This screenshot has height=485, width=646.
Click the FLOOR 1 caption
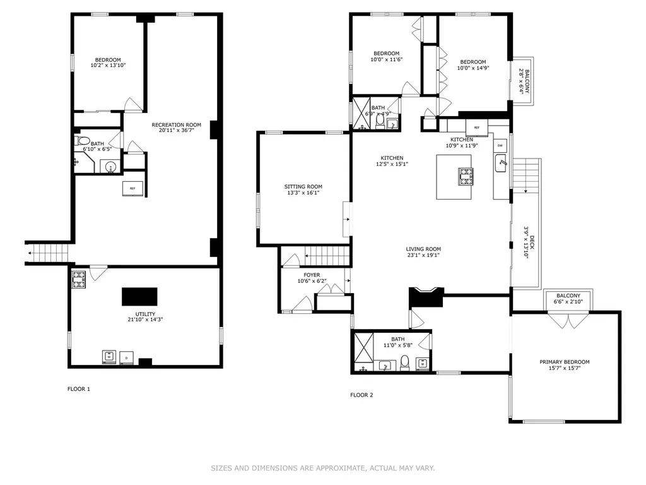click(x=79, y=389)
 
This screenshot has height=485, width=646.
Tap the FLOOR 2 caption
click(x=361, y=395)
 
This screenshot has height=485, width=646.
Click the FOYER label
click(x=312, y=275)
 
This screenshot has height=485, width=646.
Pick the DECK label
click(x=532, y=242)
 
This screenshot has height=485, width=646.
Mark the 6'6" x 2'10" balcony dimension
click(x=568, y=302)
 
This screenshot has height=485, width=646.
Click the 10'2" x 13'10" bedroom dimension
click(x=108, y=65)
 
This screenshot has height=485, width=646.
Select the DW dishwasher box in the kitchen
click(x=500, y=146)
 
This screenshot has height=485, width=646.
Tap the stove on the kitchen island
click(x=466, y=177)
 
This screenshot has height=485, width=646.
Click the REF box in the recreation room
click(x=132, y=188)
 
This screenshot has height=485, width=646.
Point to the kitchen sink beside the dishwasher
click(x=500, y=164)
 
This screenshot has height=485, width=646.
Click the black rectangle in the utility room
click(x=139, y=297)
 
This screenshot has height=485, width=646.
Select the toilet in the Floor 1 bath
click(x=82, y=140)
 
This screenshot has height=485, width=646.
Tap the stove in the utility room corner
click(x=79, y=279)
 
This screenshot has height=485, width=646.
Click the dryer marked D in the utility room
click(x=126, y=358)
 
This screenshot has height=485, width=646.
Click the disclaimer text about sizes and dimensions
click(x=323, y=468)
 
